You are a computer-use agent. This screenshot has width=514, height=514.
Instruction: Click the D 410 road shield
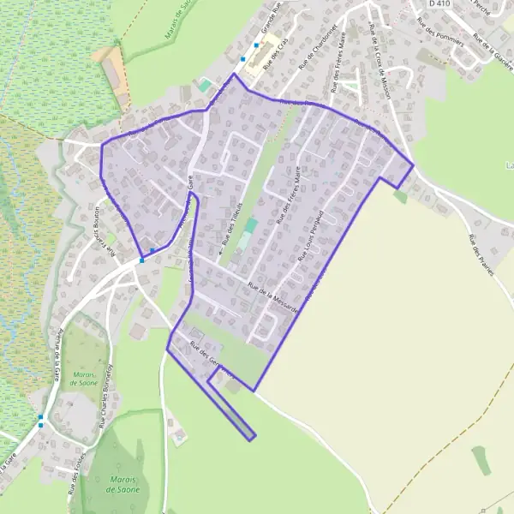439,3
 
